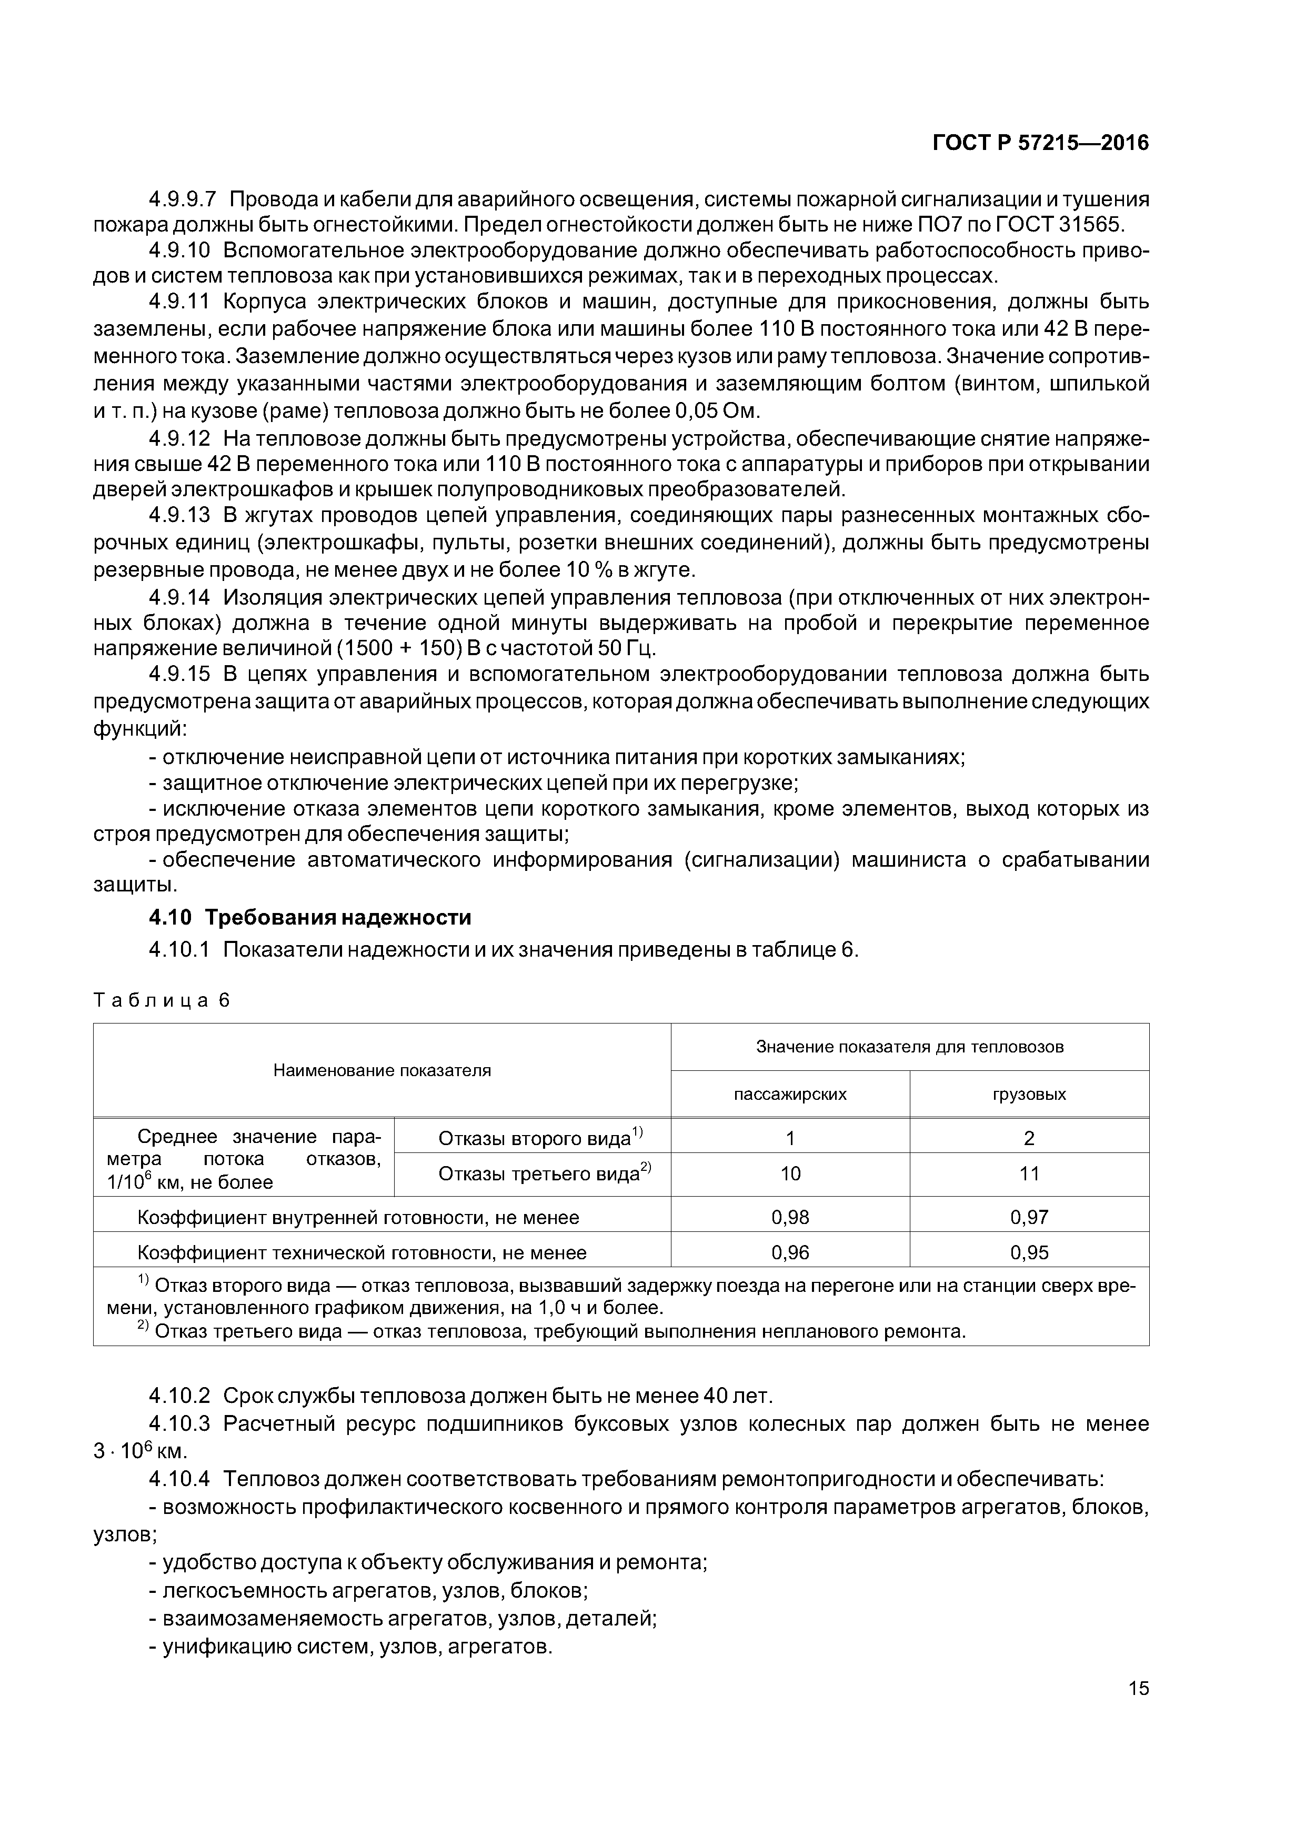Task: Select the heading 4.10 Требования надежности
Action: [x=309, y=917]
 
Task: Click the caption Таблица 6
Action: [x=162, y=1000]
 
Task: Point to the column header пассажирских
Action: [x=790, y=1094]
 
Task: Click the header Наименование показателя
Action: [x=382, y=1070]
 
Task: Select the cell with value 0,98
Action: [x=790, y=1217]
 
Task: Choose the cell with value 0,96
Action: [x=790, y=1252]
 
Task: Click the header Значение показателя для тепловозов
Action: [x=909, y=1047]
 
